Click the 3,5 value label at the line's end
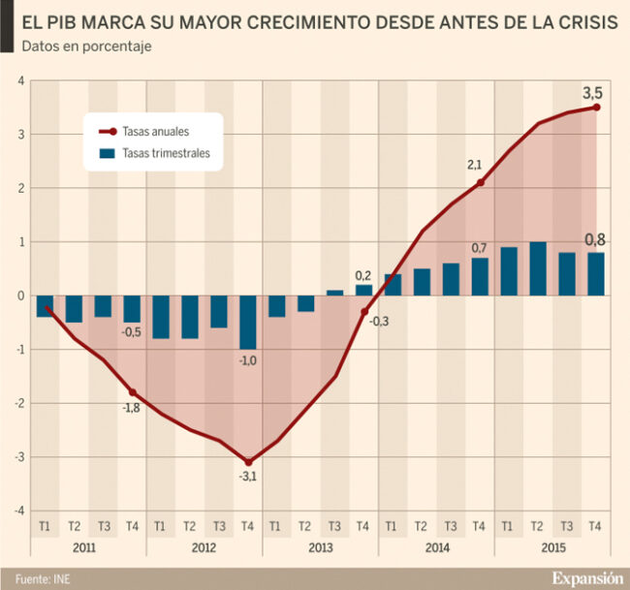(592, 93)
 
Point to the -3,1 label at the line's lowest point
(247, 477)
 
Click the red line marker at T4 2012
(247, 462)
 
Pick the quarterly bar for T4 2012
(247, 323)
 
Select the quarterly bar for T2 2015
(538, 269)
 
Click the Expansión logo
(587, 578)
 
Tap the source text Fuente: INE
(40, 578)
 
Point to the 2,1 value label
(475, 166)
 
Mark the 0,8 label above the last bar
(595, 239)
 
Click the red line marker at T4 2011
(132, 391)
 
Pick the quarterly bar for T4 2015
(595, 274)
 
